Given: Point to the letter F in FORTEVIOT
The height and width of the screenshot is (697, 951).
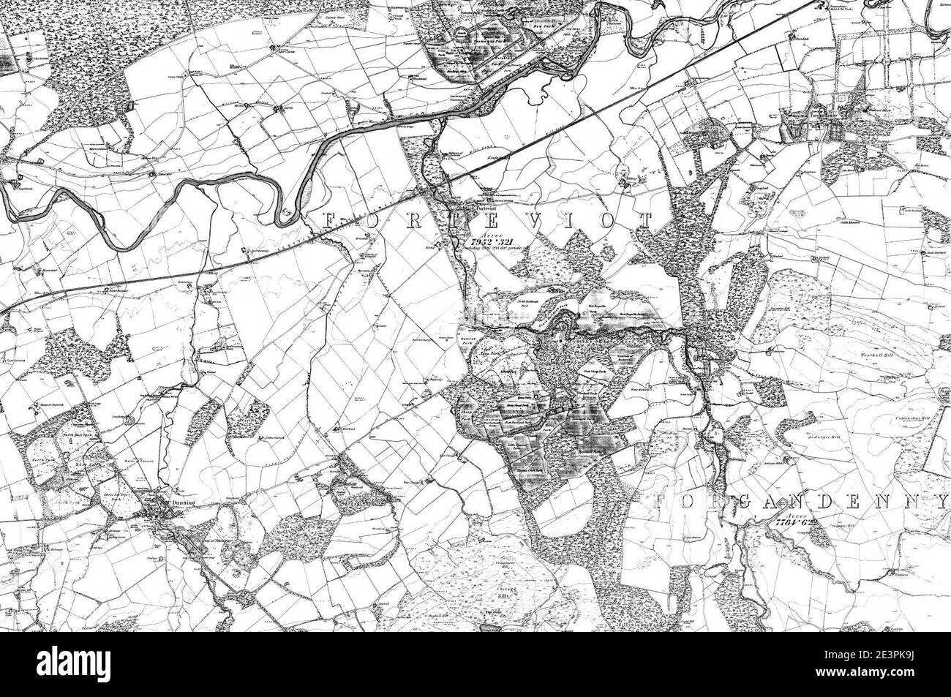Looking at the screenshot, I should pyautogui.click(x=326, y=220).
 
